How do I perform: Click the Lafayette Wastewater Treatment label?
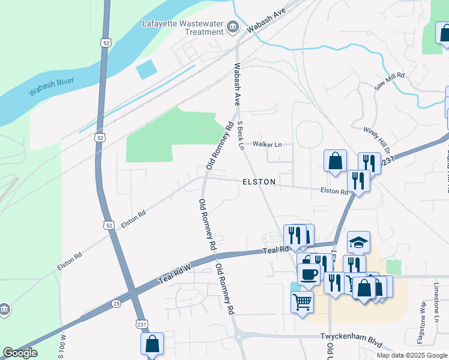coord(183,28)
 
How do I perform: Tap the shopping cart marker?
coord(302,301)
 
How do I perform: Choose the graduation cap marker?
coord(358,242)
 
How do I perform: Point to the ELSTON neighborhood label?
coord(259,181)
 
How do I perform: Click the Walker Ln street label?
coord(267,144)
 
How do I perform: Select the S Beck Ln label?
coord(241,135)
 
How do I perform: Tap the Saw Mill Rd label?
coord(390,82)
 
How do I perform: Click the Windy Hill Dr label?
coord(377,139)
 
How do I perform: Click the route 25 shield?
coord(116,304)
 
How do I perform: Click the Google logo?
coord(20,353)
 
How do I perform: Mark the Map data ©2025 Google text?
coord(411,355)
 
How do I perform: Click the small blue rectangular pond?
coord(146,70)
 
